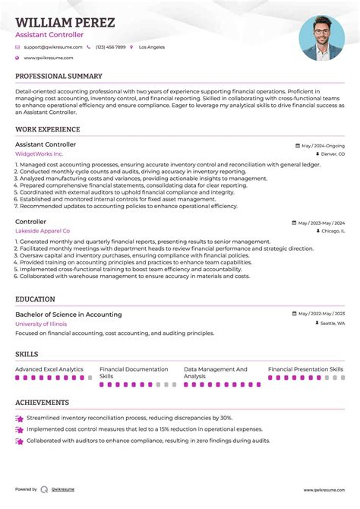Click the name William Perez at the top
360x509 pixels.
[x=65, y=23]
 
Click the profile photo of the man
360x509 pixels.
[x=321, y=38]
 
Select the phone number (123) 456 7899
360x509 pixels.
[x=111, y=47]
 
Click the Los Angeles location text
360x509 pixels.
[x=151, y=47]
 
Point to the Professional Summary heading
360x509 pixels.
[x=58, y=77]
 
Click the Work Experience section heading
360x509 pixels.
[x=48, y=130]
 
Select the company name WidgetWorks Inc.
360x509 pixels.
[x=39, y=153]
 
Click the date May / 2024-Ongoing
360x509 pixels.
[x=322, y=145]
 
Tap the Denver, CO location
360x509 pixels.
[x=332, y=154]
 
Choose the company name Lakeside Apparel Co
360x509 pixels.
[x=43, y=231]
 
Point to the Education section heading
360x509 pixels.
[x=35, y=299]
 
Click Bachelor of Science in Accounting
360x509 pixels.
[x=68, y=315]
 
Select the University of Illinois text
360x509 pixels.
[x=41, y=324]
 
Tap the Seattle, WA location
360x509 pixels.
[x=331, y=324]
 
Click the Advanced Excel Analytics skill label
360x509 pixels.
[x=49, y=369]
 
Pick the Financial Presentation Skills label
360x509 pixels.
[x=305, y=369]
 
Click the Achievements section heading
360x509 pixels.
[x=42, y=403]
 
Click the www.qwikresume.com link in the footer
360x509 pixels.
[x=324, y=490]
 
